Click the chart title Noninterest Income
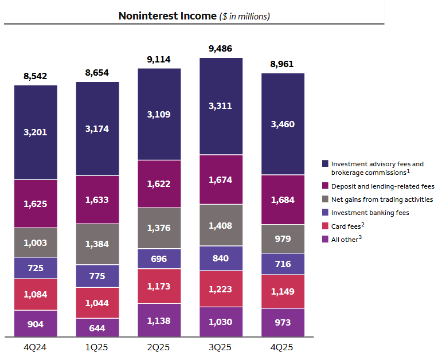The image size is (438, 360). point(167,16)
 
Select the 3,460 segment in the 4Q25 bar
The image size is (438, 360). point(283,124)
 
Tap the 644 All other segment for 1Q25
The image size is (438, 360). point(97,327)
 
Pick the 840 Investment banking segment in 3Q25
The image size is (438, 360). point(221,259)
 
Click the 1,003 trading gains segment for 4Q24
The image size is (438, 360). point(36,242)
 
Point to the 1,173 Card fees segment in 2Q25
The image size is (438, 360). point(159,285)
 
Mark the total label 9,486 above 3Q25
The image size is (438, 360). point(221,49)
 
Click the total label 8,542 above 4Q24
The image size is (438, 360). point(36,75)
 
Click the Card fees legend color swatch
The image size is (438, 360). point(325,226)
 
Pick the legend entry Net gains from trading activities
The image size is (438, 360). point(382,199)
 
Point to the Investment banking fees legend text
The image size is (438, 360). point(370,213)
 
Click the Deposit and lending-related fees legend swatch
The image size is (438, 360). point(325,186)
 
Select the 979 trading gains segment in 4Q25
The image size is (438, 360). point(283,238)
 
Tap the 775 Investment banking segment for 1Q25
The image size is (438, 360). point(97,275)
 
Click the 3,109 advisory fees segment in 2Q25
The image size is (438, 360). point(159,114)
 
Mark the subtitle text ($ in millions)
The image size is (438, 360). point(245,17)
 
